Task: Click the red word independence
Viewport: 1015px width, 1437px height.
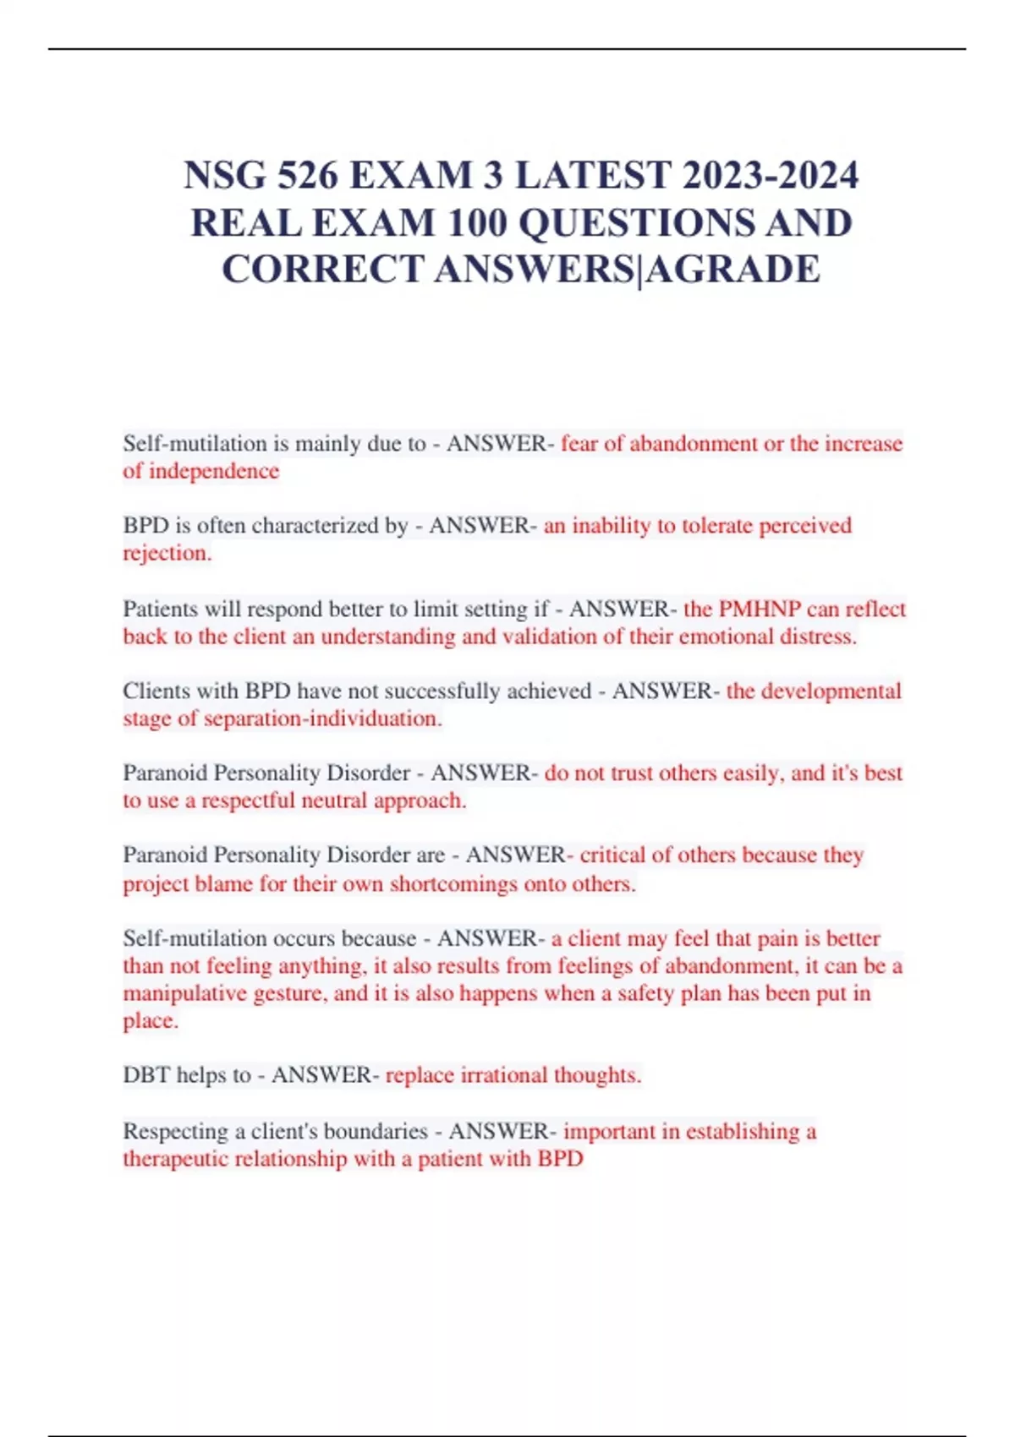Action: tap(213, 471)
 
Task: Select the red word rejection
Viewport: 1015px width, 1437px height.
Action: tap(167, 553)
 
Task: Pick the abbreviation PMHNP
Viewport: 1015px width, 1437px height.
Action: tap(759, 609)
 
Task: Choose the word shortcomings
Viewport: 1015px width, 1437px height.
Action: tap(453, 884)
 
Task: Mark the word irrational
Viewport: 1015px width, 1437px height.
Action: tap(503, 1075)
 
